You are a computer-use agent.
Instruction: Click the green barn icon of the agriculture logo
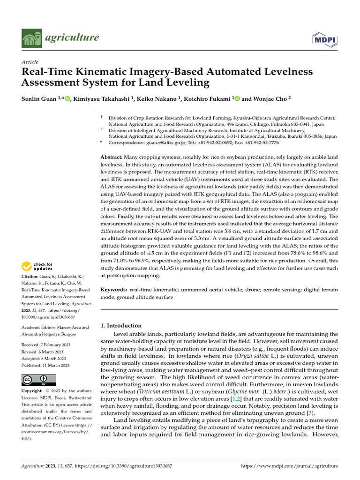(x=31, y=37)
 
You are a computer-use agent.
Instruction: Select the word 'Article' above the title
(x=30, y=62)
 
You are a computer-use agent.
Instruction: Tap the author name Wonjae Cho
(x=269, y=99)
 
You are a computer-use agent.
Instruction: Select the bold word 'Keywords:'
(x=114, y=290)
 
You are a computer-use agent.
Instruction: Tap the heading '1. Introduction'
(x=121, y=325)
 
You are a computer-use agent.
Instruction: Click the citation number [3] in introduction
(x=309, y=412)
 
